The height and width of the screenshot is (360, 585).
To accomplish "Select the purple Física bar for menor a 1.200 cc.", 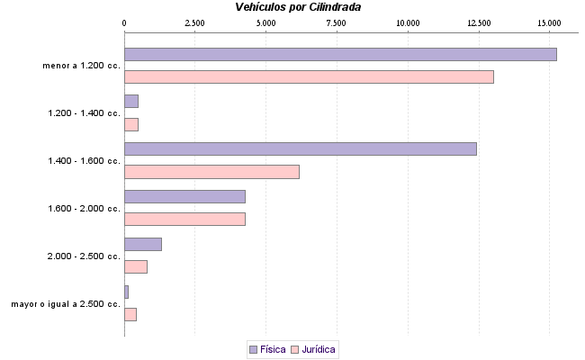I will coord(340,54).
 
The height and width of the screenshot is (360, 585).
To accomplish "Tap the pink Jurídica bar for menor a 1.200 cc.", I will coord(309,76).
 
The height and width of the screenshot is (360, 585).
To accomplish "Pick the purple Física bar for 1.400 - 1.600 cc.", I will coord(300,148).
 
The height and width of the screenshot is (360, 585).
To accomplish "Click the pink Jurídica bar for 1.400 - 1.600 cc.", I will coord(211,171).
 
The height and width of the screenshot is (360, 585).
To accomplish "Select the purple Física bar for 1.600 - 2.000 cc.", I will coord(184,196).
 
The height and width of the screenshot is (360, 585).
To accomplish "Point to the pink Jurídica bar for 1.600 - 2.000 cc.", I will coord(184,219).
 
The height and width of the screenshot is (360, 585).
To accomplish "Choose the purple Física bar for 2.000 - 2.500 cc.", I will coord(142,244).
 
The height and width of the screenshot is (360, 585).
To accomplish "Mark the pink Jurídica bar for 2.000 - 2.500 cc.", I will coord(135,266).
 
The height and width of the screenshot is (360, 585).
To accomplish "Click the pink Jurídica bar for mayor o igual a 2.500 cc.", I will coord(130,314).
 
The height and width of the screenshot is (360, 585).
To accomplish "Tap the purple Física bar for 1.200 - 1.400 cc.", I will coord(131,101).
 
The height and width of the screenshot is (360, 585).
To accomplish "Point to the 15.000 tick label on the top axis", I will coord(549,22).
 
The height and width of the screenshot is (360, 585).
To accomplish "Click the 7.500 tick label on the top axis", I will coord(337,22).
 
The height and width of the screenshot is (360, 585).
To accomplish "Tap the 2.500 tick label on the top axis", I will coord(195,22).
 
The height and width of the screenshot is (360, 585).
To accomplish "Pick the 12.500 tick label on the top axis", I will coord(479,22).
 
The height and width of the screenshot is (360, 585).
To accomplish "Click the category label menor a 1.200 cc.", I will coord(81,66).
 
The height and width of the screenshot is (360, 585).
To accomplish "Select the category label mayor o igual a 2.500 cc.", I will coord(65,304).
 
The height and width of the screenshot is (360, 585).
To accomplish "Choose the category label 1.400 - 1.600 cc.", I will coord(84,161).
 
